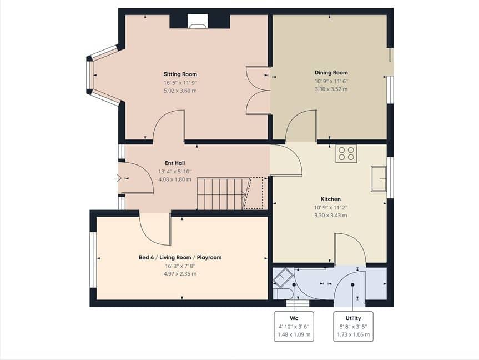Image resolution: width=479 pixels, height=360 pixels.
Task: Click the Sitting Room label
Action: point(180,74)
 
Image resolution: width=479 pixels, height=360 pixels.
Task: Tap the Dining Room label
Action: point(331,72)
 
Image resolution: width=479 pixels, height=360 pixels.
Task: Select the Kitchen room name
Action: point(331,199)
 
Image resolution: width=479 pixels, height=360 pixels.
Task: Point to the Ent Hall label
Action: point(175,163)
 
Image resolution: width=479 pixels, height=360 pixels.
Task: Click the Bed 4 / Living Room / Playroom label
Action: point(180,258)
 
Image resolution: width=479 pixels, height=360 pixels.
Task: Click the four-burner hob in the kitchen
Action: point(346,153)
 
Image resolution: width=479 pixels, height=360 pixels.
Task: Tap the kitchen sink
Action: point(379,179)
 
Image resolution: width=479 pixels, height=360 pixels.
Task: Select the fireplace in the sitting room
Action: point(198,22)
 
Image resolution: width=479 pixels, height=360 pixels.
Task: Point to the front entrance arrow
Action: point(118,178)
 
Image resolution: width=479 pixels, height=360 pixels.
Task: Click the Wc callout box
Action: point(294,326)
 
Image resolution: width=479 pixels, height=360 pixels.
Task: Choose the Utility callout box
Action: point(353,326)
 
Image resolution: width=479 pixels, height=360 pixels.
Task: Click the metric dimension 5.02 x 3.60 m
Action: point(180,91)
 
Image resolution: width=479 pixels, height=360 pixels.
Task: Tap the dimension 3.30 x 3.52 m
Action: point(331,89)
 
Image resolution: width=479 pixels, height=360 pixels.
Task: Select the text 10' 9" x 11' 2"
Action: point(331,207)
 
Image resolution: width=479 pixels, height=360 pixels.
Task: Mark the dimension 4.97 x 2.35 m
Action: point(180,274)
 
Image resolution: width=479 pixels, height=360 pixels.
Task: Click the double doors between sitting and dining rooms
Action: point(258,91)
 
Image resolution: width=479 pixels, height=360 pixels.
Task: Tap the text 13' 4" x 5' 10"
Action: point(175,172)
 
